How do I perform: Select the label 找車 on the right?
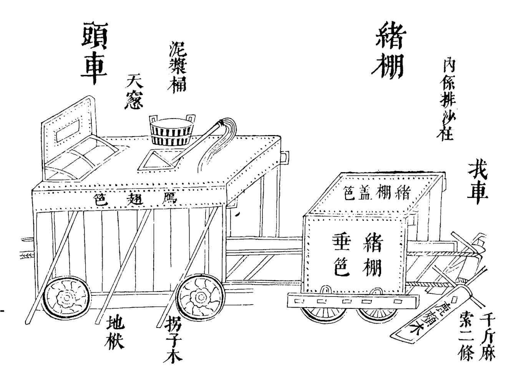click(x=478, y=180)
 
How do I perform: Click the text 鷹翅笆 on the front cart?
click(x=135, y=198)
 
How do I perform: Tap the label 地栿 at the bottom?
click(x=115, y=332)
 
